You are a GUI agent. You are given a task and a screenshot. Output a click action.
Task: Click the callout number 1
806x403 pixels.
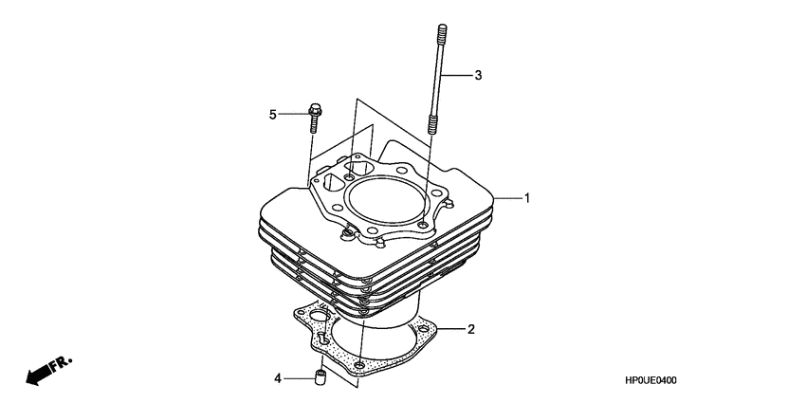(527, 198)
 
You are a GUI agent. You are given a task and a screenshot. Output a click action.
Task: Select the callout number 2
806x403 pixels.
(470, 330)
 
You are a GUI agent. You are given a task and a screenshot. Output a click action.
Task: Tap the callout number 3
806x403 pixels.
(478, 75)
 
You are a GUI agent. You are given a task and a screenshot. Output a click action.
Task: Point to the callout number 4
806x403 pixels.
(278, 378)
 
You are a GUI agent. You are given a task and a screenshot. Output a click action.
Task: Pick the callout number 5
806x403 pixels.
(272, 115)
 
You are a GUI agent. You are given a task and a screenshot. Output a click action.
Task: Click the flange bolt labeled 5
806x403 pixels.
(313, 120)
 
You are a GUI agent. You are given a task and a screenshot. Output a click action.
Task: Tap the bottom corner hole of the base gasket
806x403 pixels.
(359, 364)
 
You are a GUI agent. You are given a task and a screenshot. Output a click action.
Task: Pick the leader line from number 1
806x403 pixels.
(508, 198)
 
